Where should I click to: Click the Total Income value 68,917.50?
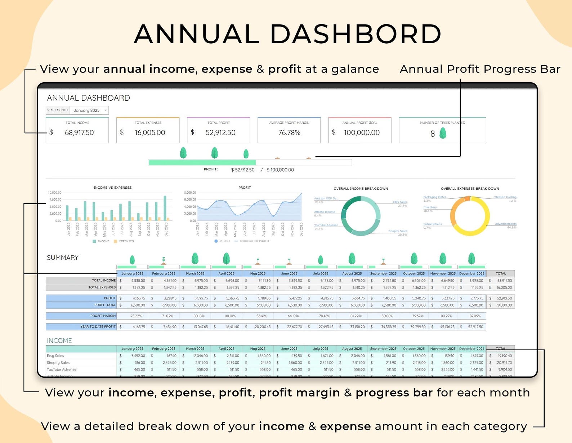[x=79, y=133]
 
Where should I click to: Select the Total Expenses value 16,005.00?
[x=150, y=133]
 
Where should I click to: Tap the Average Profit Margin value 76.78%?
[x=289, y=133]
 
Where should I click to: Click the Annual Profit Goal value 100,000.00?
[x=362, y=133]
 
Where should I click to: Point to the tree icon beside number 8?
[x=443, y=133]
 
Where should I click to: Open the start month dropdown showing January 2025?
[x=106, y=110]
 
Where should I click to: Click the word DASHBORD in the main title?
[x=356, y=34]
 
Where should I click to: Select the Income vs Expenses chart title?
[x=112, y=188]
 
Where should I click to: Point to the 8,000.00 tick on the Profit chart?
[x=190, y=193]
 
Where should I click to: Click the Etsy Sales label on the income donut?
[x=400, y=202]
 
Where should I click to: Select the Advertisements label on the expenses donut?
[x=505, y=224]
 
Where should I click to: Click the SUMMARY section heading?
[x=63, y=258]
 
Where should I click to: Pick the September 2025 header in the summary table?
[x=383, y=273]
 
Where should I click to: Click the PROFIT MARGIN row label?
[x=103, y=316]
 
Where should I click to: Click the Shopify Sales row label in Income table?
[x=58, y=363]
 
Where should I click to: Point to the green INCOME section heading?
[x=59, y=341]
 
